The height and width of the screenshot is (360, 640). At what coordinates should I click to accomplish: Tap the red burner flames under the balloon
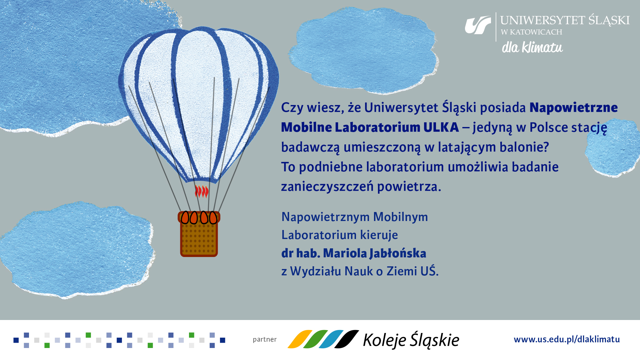(202, 191)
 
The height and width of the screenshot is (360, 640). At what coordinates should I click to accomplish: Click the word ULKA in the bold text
(441, 127)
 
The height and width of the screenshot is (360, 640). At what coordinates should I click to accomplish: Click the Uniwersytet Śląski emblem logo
(478, 25)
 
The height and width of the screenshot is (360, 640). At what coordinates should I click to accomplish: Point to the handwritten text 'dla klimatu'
(532, 48)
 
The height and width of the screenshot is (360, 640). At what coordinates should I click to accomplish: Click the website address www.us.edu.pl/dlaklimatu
(567, 339)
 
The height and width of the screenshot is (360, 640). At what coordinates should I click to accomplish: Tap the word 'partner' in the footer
(265, 339)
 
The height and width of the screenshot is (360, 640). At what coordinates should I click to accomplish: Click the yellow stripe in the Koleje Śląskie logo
(299, 339)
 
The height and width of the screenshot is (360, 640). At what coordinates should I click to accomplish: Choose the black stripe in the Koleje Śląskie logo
(347, 339)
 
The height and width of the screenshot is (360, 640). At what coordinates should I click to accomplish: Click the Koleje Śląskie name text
(411, 340)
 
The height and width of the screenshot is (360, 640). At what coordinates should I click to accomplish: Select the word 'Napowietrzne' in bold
(573, 108)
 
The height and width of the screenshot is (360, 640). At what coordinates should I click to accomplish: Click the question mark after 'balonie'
(546, 147)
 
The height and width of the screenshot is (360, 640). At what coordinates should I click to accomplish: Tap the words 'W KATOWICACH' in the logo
(531, 32)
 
